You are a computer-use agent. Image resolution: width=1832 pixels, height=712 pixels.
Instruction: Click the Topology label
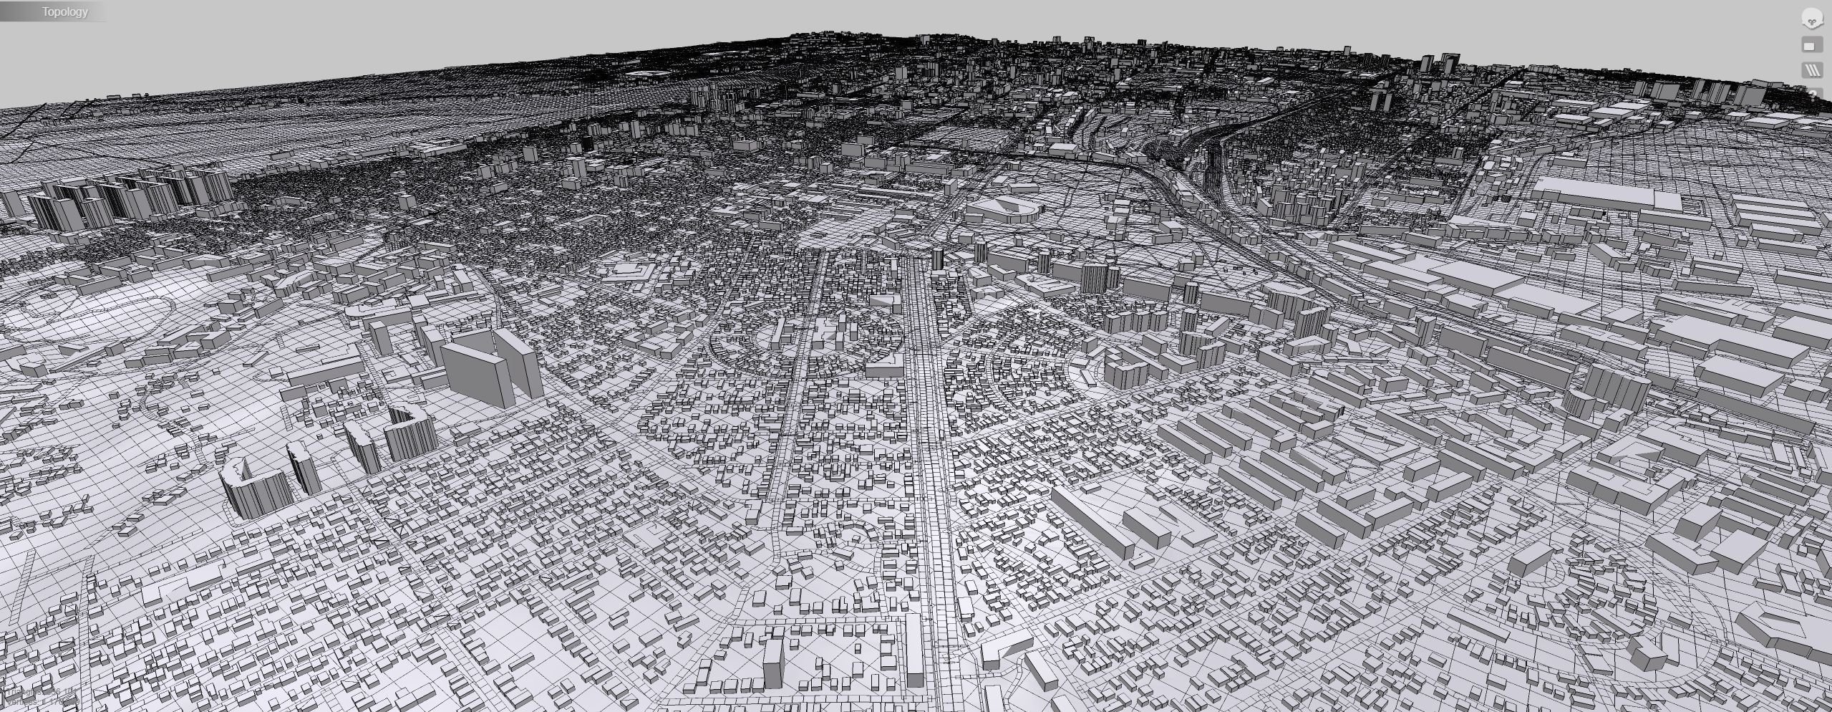click(64, 12)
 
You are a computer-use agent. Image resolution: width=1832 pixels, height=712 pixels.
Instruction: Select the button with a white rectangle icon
click(1811, 46)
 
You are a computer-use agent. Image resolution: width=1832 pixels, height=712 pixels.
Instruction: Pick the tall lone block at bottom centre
click(773, 663)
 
